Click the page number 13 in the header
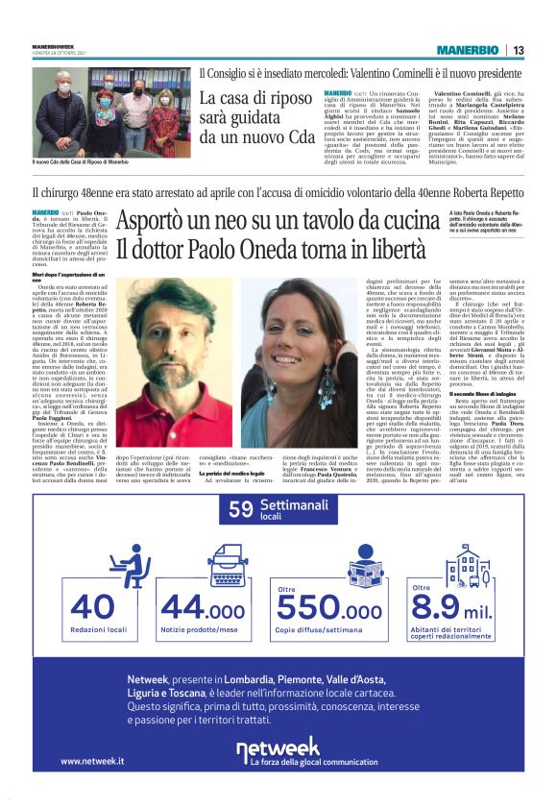click(x=518, y=50)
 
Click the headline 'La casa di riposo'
click(x=244, y=99)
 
